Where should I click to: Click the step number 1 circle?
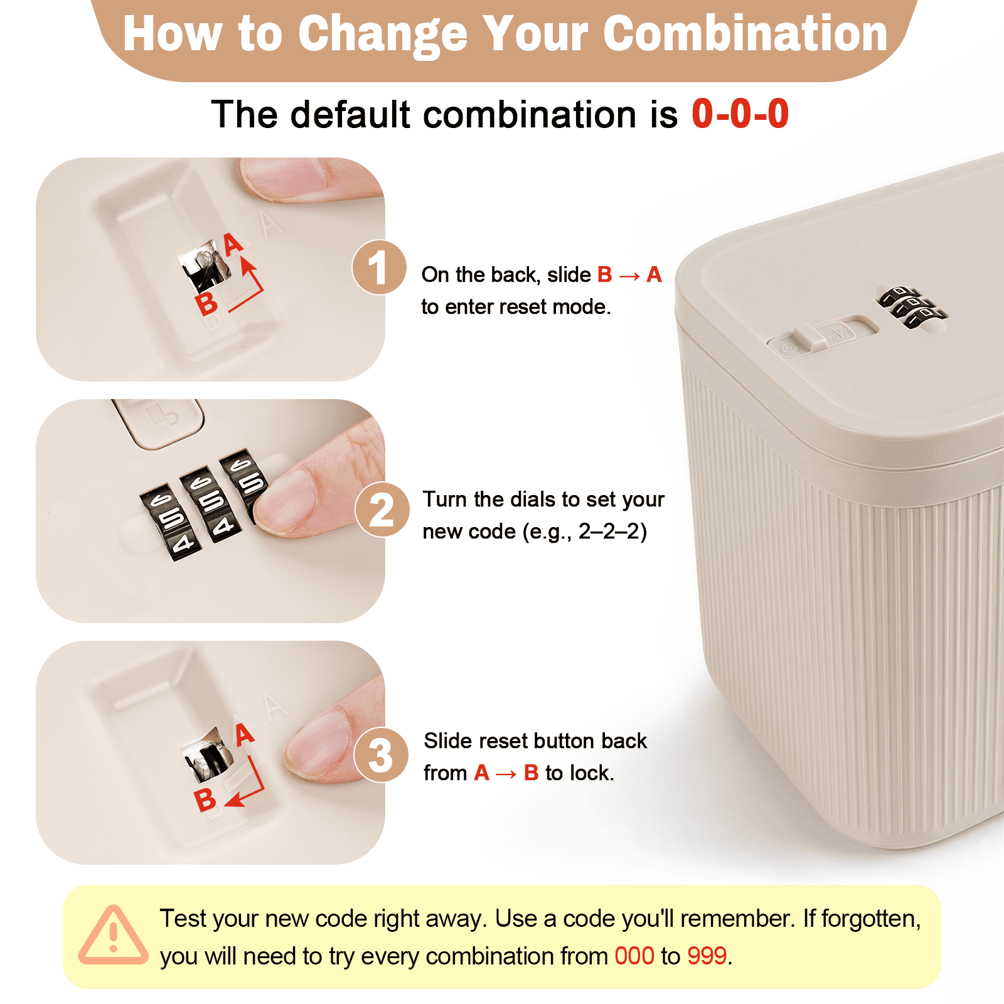(379, 267)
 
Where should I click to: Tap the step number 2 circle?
(382, 510)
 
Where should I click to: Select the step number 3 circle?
(381, 755)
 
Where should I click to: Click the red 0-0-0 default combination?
(740, 114)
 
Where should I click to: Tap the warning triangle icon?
(113, 935)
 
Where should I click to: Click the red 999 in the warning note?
(707, 956)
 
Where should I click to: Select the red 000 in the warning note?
(634, 956)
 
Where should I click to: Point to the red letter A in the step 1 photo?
(233, 243)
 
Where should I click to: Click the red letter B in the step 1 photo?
(206, 304)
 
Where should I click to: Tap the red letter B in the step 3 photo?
(205, 800)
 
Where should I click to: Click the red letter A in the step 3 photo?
(245, 734)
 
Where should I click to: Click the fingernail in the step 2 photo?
(286, 500)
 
